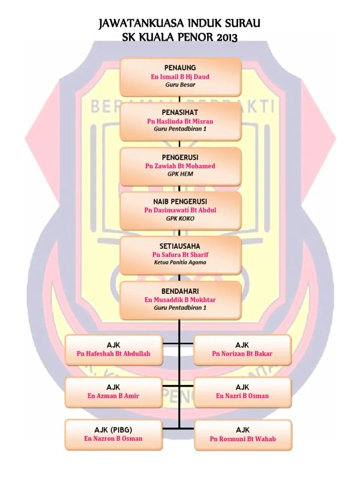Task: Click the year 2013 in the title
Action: click(227, 37)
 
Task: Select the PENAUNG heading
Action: click(180, 67)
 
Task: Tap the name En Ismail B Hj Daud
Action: click(180, 76)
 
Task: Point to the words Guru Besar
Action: click(180, 85)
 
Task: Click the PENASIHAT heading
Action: click(180, 112)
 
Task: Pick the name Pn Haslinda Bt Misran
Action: click(180, 121)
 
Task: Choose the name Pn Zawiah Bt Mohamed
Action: click(180, 165)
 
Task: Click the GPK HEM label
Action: click(180, 174)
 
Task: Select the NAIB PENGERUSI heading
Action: click(180, 201)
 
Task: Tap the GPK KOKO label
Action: click(180, 218)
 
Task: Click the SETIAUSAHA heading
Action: click(180, 246)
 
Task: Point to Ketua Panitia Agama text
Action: click(180, 262)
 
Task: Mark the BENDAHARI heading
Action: click(180, 291)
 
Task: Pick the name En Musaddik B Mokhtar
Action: click(180, 300)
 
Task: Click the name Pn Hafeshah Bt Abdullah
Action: click(113, 353)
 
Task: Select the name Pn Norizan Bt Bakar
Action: click(242, 353)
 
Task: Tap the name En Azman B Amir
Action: click(113, 396)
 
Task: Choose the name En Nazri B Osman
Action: click(242, 396)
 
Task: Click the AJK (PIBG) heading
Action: click(113, 429)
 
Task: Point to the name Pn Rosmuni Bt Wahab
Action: click(242, 439)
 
